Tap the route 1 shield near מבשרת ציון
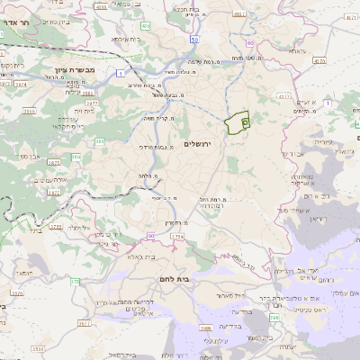pyautogui.click(x=120, y=71)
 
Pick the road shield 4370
pyautogui.click(x=285, y=93)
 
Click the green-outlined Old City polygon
pyautogui.click(x=238, y=123)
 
